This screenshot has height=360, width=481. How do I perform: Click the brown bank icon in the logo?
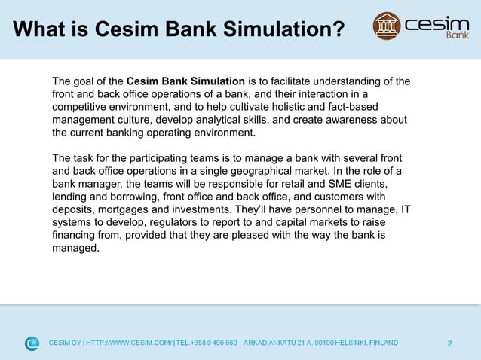click(x=387, y=26)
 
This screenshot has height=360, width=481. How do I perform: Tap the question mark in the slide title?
click(x=338, y=29)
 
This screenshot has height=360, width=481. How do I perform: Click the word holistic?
click(x=277, y=107)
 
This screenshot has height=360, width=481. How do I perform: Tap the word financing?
click(x=75, y=235)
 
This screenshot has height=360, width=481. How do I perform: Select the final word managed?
click(x=75, y=248)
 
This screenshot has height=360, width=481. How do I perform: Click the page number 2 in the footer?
click(x=449, y=344)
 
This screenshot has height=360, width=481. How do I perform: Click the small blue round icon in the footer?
click(x=32, y=343)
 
